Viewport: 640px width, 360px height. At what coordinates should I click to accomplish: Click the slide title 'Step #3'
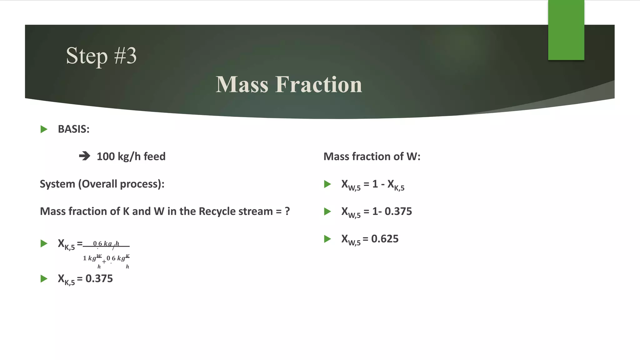click(101, 56)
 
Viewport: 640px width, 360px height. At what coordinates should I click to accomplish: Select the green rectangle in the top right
click(566, 30)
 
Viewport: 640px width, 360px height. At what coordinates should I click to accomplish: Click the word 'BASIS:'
click(74, 129)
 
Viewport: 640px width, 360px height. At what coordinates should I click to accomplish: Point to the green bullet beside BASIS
click(44, 129)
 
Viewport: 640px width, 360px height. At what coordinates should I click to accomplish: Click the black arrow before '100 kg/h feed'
click(84, 156)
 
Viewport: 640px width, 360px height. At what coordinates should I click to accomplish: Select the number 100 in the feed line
click(106, 156)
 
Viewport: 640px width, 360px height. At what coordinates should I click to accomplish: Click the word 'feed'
click(154, 156)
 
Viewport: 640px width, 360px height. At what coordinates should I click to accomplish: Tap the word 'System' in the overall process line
click(57, 184)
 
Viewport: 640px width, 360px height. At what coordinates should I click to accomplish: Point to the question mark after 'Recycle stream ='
click(287, 211)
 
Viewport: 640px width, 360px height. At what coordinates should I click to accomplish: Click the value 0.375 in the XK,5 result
click(99, 278)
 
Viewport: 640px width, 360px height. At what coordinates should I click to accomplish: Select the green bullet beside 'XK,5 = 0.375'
click(44, 278)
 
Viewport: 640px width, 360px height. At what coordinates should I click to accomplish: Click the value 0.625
click(385, 239)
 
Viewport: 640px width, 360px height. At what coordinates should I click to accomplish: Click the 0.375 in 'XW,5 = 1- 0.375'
click(398, 211)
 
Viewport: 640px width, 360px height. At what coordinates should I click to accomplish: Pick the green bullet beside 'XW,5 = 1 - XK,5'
click(327, 184)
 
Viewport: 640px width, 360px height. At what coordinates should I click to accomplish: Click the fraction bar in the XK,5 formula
click(106, 246)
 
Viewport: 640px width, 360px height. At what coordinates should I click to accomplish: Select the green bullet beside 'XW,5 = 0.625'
click(327, 239)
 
